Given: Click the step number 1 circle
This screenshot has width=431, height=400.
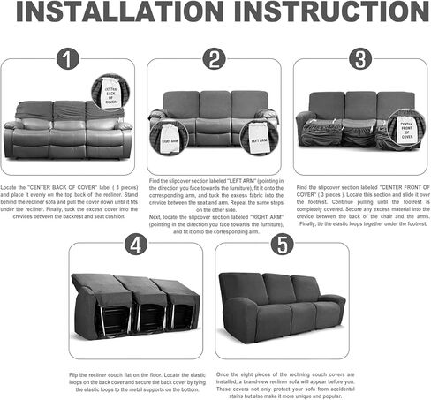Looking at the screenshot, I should point(68,60).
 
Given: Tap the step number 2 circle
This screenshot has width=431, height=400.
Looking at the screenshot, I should point(214,60).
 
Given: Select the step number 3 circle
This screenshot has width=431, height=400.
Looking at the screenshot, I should point(359,60).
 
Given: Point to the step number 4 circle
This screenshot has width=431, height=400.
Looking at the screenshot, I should point(136,245).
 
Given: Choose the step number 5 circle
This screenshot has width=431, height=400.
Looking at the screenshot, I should point(282,245).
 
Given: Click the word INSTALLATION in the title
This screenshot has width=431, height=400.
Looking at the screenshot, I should point(118,18).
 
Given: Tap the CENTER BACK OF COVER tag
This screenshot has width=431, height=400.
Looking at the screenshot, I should point(111,92).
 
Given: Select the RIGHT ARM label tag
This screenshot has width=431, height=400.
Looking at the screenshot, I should point(170,139).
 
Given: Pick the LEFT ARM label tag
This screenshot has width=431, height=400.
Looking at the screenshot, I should point(259,139).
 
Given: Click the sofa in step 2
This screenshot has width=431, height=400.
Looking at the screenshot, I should point(215,119).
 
